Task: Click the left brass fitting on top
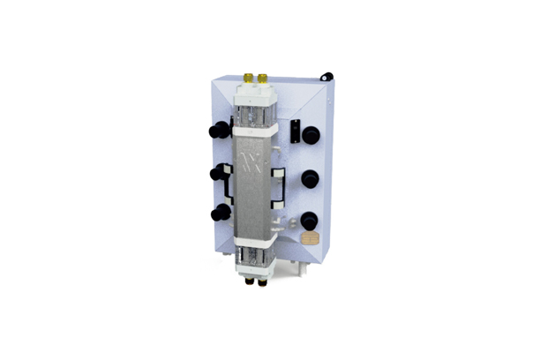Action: coord(247,78)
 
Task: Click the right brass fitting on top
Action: coord(262,78)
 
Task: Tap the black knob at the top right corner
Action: coord(326,77)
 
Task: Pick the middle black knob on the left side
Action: coord(216,173)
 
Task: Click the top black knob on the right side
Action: coord(311,135)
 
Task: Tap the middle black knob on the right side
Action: coord(310,178)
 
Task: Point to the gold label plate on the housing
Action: coord(309,238)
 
